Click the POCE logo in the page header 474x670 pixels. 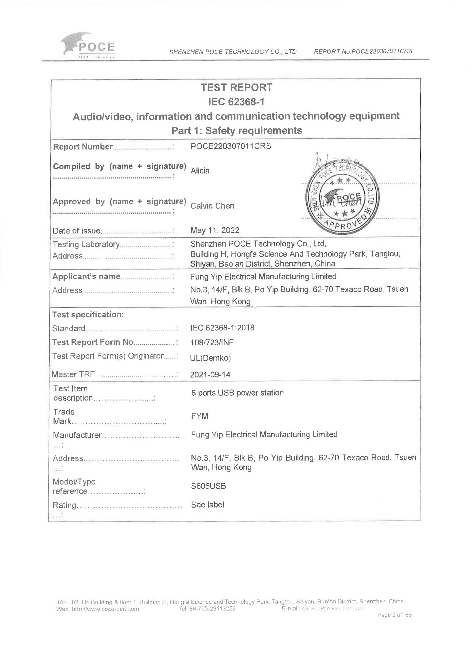click(88, 45)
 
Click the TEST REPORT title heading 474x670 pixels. click(237, 87)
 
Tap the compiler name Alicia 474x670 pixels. click(200, 171)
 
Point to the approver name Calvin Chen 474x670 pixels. click(212, 206)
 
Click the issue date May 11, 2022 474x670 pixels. click(215, 230)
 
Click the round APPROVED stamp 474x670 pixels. click(342, 197)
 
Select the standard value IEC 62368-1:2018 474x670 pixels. click(222, 328)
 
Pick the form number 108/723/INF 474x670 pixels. click(212, 342)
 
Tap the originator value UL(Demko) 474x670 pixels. click(210, 358)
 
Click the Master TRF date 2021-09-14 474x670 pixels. click(210, 374)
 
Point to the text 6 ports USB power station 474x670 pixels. click(237, 393)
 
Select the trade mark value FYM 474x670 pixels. click(200, 416)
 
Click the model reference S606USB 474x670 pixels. click(208, 486)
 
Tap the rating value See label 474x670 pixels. click(208, 505)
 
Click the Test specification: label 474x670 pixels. click(88, 315)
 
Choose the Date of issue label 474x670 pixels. click(77, 231)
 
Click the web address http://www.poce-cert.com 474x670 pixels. click(98, 609)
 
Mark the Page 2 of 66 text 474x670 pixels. click(394, 615)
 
